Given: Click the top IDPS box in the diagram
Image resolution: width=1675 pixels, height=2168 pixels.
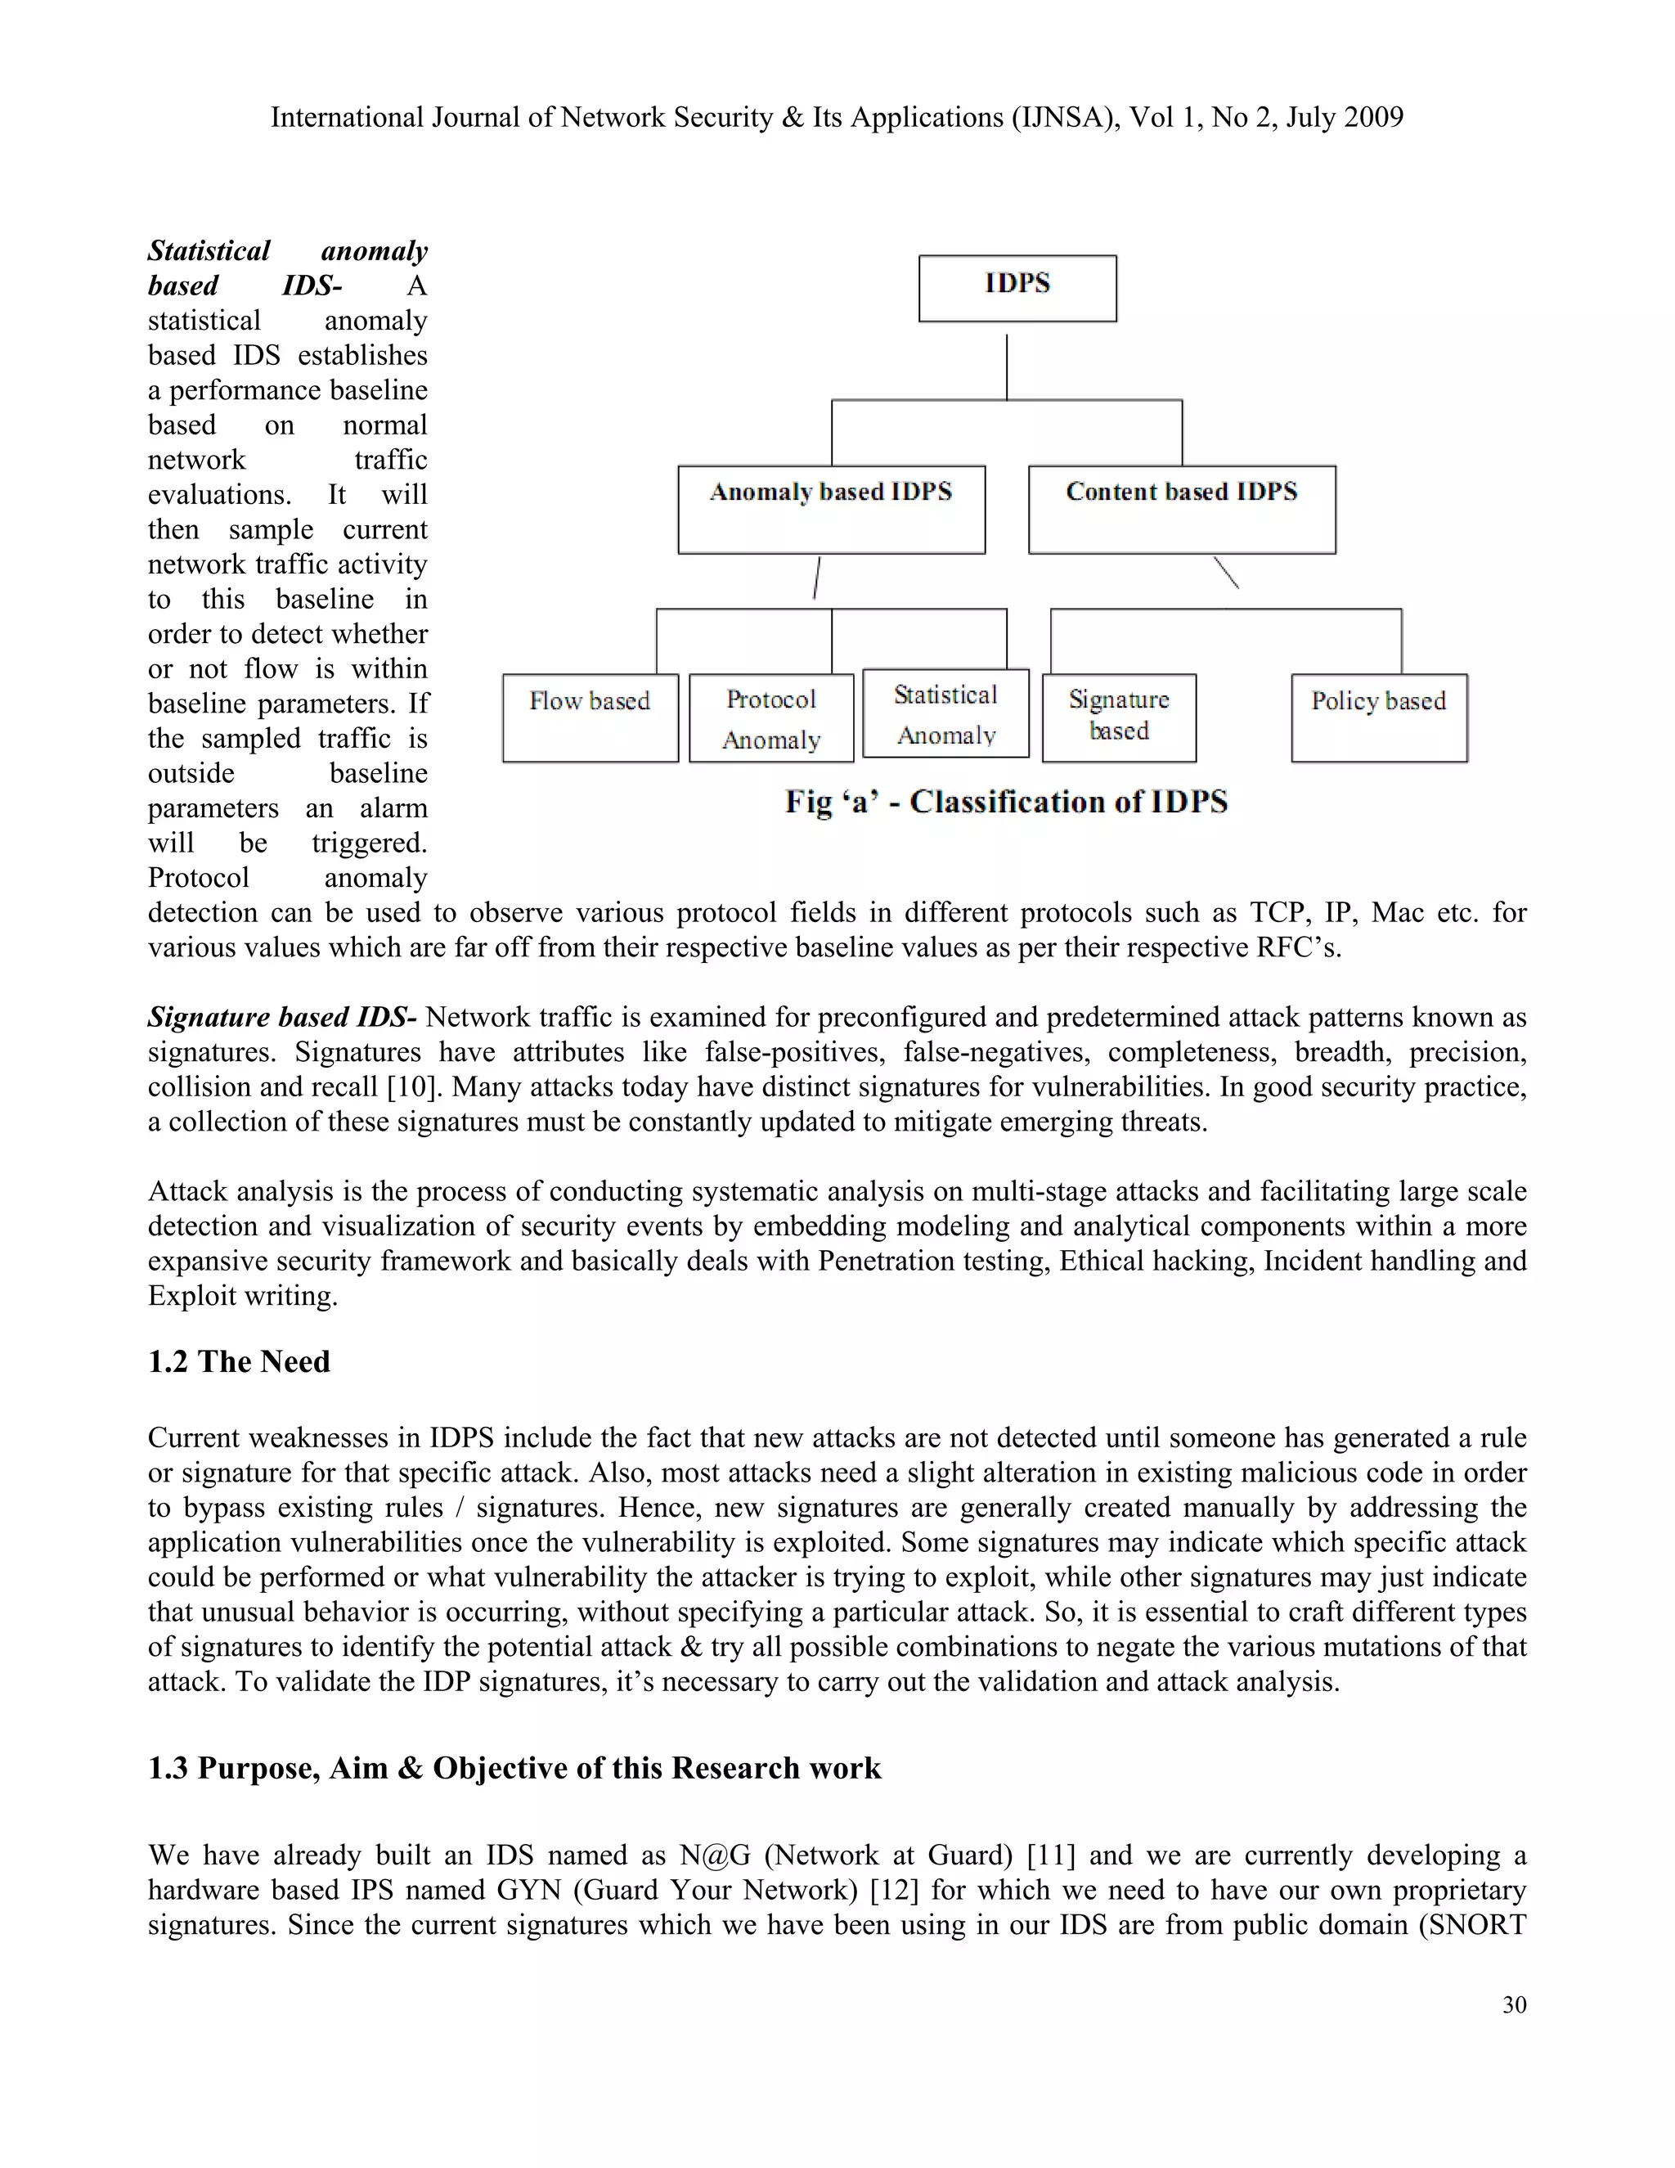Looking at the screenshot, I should tap(1017, 288).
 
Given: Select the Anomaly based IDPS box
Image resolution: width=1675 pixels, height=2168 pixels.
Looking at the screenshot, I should tap(832, 509).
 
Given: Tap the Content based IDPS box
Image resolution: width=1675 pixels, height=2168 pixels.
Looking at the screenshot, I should tap(1182, 509).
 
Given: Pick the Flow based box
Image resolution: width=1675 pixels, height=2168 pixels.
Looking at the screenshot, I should tap(591, 717).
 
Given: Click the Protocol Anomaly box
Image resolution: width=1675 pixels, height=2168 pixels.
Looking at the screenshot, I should tap(771, 717).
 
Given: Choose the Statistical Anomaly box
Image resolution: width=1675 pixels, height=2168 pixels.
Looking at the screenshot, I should tap(945, 713).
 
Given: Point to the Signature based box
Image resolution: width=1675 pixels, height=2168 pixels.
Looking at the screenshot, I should tap(1120, 717).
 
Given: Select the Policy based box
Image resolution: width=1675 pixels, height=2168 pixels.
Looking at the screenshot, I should tap(1379, 717).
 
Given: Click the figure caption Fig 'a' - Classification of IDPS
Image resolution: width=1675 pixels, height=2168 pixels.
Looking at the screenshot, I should tap(1006, 801).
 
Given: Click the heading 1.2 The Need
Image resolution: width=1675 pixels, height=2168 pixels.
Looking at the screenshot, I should tap(239, 1361).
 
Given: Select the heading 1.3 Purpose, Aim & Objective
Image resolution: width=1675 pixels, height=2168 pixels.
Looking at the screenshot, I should tap(514, 1768).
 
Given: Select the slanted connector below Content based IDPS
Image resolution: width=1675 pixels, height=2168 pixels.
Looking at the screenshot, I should tap(1227, 573).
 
